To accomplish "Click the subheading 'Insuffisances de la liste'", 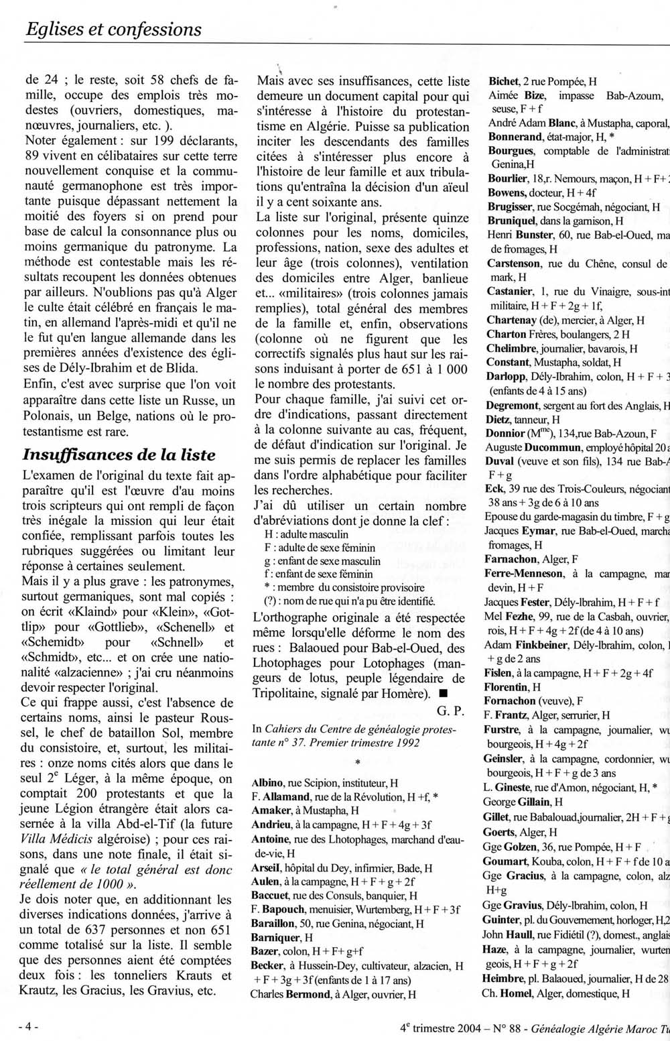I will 119,454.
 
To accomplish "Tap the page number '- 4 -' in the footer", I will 28,1026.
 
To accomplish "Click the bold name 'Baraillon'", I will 273,923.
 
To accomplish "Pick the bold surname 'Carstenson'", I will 515,263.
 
